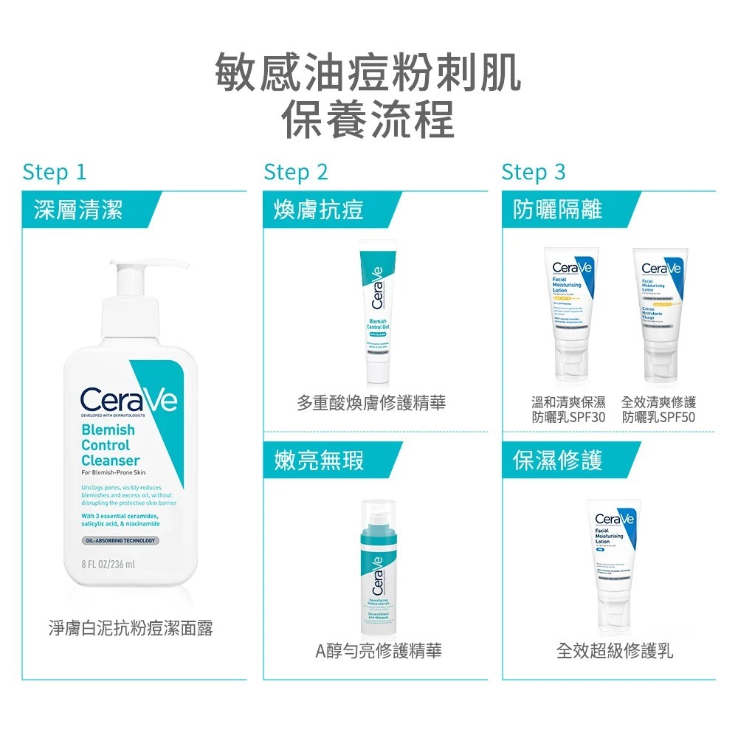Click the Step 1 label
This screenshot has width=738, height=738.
point(55,172)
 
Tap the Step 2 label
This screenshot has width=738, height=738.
point(295,172)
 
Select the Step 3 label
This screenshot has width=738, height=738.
point(533,172)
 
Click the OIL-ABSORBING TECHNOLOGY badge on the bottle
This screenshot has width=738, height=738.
point(120,540)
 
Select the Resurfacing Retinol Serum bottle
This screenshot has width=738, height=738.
point(377,565)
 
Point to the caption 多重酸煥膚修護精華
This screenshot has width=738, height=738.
point(371,403)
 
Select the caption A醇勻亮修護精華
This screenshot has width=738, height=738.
point(379,651)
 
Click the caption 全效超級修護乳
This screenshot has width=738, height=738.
point(615,651)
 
